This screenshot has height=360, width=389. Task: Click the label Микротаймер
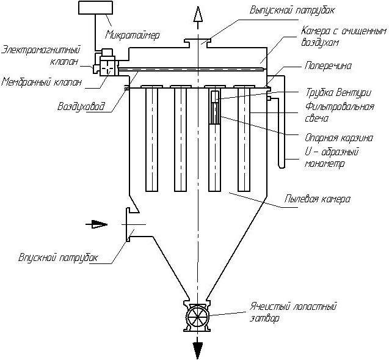(133, 35)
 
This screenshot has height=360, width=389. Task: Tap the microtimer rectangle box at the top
(95, 7)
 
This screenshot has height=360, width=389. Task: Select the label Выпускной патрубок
(292, 10)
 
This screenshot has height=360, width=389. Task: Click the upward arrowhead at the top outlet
(198, 15)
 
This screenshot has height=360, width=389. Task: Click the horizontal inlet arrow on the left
(96, 224)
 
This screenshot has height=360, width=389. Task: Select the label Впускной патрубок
(58, 257)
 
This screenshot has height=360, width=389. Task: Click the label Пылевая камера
(318, 199)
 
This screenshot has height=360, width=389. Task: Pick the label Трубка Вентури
(338, 93)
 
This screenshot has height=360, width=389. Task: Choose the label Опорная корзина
(339, 138)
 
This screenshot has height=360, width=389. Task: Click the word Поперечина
(328, 66)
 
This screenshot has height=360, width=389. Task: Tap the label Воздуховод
(81, 106)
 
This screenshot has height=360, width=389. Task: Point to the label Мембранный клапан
(41, 82)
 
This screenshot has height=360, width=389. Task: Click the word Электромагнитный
(41, 50)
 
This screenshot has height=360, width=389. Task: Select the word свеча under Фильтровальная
(316, 118)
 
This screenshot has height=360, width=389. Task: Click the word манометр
(324, 164)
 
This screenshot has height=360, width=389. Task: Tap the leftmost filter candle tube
(151, 139)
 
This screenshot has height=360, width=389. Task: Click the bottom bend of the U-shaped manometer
(282, 167)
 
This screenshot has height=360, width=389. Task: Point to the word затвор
(264, 318)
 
